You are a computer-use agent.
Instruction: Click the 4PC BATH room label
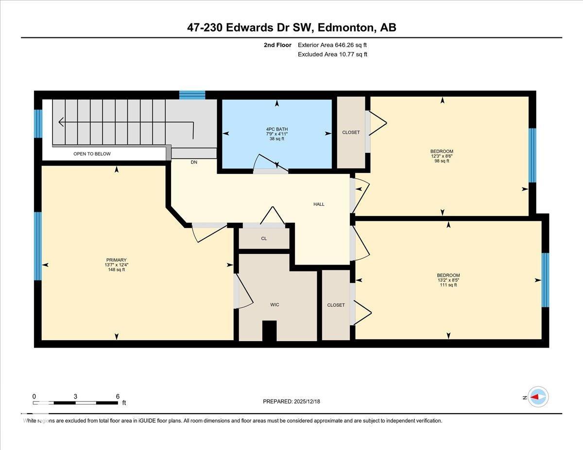click(277, 129)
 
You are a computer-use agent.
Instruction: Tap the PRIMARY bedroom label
click(117, 260)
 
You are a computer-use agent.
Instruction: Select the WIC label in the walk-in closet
click(274, 305)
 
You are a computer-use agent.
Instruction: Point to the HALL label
click(319, 204)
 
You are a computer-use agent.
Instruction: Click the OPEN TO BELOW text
click(92, 154)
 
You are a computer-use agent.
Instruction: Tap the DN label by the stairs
click(194, 163)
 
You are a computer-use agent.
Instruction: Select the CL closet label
click(264, 238)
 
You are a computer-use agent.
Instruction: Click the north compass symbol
click(537, 397)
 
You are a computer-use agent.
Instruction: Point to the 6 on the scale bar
click(118, 396)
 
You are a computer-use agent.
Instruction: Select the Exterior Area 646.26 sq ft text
click(332, 45)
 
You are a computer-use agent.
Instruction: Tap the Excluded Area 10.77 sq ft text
click(332, 54)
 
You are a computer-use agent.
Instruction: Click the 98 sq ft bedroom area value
click(442, 161)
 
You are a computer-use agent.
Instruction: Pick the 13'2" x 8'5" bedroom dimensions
click(448, 280)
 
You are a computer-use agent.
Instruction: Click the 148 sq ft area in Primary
click(117, 270)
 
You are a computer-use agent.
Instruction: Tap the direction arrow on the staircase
click(62, 121)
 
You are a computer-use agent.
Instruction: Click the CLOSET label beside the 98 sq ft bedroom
click(351, 133)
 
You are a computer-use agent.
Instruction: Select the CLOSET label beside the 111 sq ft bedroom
click(336, 305)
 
